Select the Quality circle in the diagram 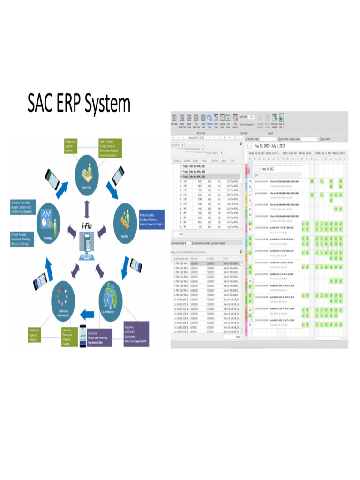click(x=124, y=223)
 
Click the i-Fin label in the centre click(x=87, y=226)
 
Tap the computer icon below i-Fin click(x=87, y=247)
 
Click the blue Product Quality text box click(x=152, y=220)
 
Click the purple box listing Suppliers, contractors click(x=136, y=334)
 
